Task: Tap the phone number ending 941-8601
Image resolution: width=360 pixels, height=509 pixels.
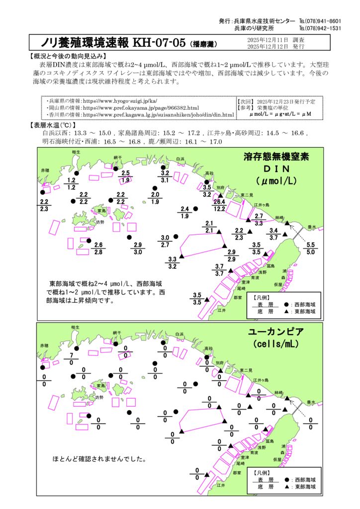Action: (x=320, y=21)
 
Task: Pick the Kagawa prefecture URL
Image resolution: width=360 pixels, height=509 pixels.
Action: (x=141, y=114)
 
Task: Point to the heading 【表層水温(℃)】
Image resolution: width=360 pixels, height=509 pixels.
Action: (x=53, y=125)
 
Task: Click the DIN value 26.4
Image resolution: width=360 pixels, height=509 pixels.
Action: (x=220, y=202)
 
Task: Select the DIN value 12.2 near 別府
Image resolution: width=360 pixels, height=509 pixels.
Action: (x=220, y=209)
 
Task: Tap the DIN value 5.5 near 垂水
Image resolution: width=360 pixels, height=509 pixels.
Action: (x=311, y=245)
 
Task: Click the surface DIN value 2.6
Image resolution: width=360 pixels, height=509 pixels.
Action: (x=98, y=245)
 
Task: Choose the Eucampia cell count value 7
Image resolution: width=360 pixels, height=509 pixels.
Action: (x=72, y=356)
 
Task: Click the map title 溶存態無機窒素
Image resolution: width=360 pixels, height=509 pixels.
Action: (x=276, y=157)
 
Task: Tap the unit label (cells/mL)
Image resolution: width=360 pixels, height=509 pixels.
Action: (x=278, y=344)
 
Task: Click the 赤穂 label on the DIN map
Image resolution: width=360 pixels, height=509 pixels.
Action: (x=45, y=170)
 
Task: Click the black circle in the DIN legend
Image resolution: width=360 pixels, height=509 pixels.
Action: (x=286, y=304)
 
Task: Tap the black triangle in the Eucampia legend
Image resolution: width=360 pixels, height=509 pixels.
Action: (x=287, y=487)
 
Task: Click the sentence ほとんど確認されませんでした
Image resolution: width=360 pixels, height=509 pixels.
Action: (x=99, y=459)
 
